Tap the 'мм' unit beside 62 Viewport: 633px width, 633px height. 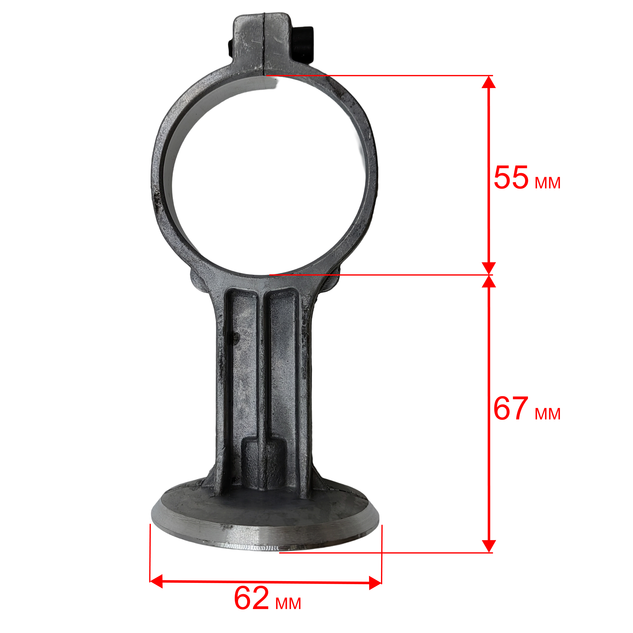[288, 604]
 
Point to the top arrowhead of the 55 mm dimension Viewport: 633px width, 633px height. [489, 82]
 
